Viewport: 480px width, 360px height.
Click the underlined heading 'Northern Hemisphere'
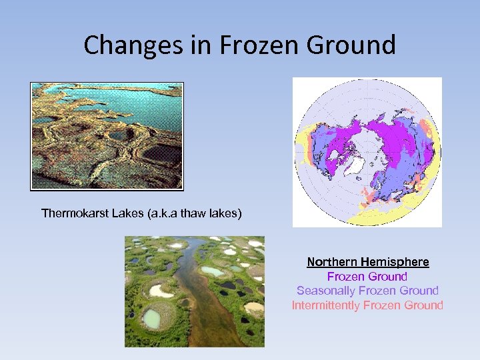tap(367, 262)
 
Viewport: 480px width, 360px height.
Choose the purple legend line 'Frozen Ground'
tap(367, 276)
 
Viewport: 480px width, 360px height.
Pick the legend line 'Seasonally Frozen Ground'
tap(367, 291)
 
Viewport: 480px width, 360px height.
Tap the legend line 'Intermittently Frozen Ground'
tap(367, 305)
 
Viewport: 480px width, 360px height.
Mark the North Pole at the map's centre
tap(368, 152)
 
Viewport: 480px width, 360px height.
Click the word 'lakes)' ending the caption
tap(227, 213)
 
